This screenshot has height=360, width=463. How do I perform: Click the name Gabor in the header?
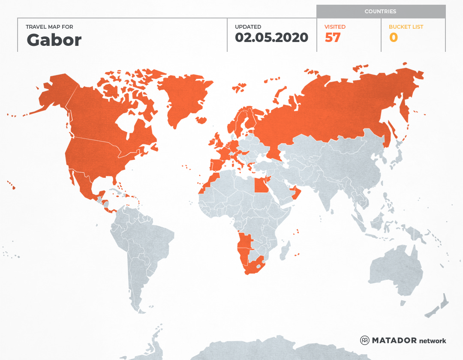click(54, 40)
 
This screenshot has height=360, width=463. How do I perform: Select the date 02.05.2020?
click(271, 38)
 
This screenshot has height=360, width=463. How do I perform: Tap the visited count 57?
click(333, 38)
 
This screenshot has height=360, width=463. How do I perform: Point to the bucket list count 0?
click(393, 38)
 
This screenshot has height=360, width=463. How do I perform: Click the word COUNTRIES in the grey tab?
click(380, 12)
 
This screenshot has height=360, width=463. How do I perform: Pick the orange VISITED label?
click(335, 27)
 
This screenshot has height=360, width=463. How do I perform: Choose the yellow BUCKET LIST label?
click(406, 27)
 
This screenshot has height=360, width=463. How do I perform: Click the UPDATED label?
click(248, 27)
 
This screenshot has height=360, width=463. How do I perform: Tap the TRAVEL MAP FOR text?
click(50, 27)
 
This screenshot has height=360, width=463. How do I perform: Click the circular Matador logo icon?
click(365, 340)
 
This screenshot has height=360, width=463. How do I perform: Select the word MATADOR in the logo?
click(394, 340)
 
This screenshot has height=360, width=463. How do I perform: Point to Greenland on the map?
click(184, 99)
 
